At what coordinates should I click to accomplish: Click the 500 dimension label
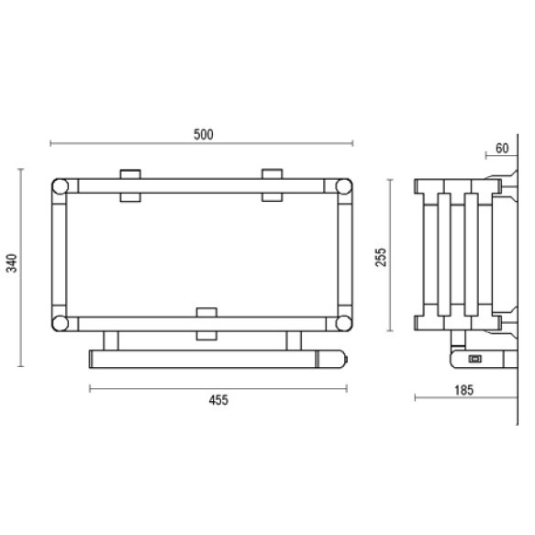204,134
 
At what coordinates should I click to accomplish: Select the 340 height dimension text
12,263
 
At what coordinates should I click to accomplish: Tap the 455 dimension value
218,400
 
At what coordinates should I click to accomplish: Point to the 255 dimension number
381,257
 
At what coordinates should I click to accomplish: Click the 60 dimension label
502,149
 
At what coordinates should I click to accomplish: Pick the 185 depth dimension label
464,390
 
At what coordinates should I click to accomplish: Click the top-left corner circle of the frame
60,186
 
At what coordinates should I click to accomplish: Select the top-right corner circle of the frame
343,186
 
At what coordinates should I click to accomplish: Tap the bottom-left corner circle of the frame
60,323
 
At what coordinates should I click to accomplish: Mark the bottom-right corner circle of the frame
343,323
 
